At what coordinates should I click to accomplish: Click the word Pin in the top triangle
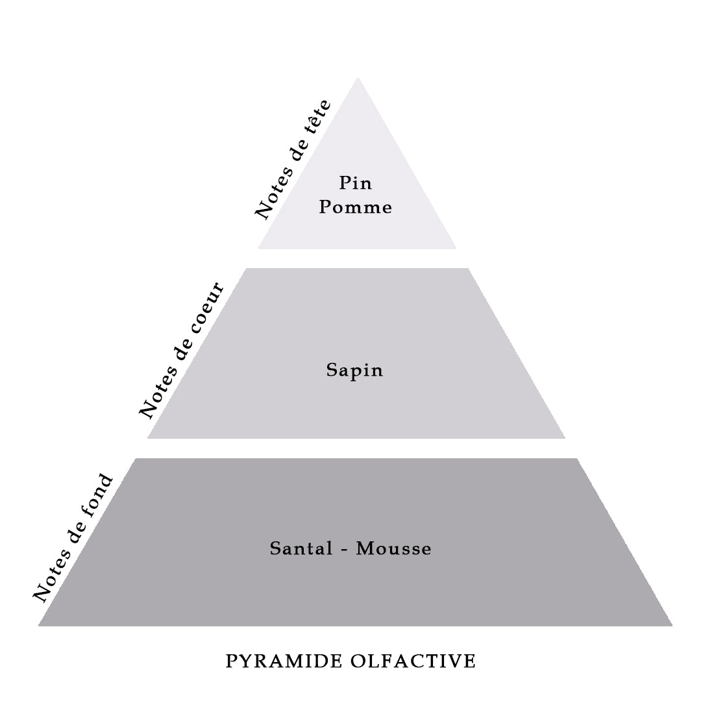[x=356, y=183]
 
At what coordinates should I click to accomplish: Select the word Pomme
[x=356, y=207]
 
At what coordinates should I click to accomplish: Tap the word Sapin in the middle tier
[x=354, y=371]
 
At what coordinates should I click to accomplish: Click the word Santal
[x=301, y=548]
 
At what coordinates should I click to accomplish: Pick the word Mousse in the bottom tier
[x=394, y=548]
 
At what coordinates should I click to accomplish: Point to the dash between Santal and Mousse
[x=345, y=550]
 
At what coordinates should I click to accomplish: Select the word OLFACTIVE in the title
[x=413, y=661]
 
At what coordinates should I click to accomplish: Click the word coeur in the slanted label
[x=207, y=308]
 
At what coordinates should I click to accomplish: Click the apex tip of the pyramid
[x=358, y=78]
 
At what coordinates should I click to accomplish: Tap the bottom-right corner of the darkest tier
[x=672, y=626]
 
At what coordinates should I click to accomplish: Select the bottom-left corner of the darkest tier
[x=38, y=626]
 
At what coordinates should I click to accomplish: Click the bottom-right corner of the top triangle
[x=456, y=249]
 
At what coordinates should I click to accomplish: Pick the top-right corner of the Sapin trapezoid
[x=468, y=268]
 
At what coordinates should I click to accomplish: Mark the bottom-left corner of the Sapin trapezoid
[x=147, y=439]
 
